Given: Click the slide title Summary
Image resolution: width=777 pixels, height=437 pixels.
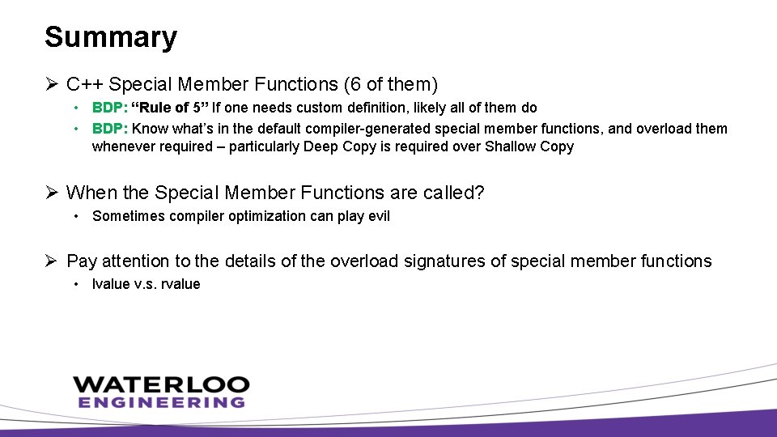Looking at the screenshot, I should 110,37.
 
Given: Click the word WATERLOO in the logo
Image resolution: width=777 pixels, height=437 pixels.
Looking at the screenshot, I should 160,385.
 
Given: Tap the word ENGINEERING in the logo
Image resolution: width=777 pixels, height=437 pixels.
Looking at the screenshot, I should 160,402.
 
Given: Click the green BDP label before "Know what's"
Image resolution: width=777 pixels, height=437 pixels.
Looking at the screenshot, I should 109,129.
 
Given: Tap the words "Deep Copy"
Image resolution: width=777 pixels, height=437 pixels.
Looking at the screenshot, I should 335,146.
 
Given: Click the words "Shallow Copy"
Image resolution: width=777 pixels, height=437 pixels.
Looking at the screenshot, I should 529,146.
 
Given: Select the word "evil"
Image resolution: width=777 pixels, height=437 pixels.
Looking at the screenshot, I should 376,216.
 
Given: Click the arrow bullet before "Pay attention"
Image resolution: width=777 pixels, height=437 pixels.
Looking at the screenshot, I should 52,261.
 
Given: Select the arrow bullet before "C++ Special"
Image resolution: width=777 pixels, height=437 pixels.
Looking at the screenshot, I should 52,83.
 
